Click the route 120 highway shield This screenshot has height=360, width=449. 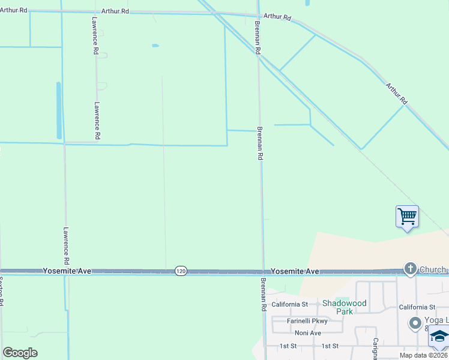[x=181, y=271]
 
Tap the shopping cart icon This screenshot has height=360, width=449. [x=407, y=216]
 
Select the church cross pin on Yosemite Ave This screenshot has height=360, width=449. [x=410, y=268]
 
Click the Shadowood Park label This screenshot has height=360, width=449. [x=344, y=307]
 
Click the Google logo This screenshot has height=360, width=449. [x=20, y=353]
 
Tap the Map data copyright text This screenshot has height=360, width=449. [x=424, y=355]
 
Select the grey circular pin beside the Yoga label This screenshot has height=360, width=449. [x=415, y=324]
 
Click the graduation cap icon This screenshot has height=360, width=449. [x=439, y=338]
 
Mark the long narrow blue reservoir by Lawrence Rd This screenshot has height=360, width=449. [x=59, y=110]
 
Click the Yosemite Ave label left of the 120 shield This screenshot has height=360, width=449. [x=67, y=271]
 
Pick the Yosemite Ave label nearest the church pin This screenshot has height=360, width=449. [x=295, y=271]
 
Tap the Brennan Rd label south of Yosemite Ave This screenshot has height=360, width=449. [x=263, y=294]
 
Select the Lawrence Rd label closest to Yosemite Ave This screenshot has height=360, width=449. [x=67, y=246]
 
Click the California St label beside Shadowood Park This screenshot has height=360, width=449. [x=289, y=304]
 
